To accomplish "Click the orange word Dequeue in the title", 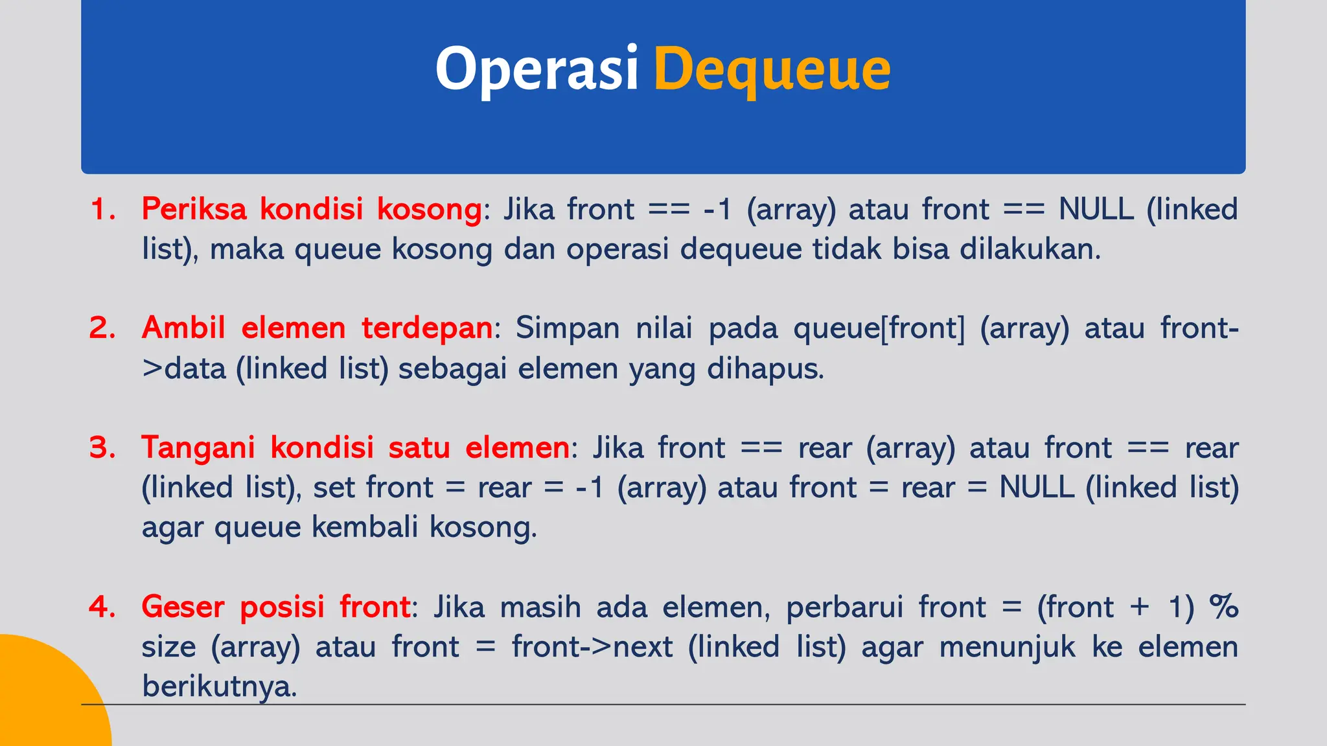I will (772, 70).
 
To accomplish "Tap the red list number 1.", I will (102, 209).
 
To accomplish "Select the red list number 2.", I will (102, 328).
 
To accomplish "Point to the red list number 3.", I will (102, 447).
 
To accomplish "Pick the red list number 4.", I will (102, 607).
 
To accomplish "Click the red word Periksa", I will (194, 209).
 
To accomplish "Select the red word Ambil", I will (183, 328).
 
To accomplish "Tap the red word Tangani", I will (198, 447).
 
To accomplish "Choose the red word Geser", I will (183, 607).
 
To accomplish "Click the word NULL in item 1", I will (1096, 209).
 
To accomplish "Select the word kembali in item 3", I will (365, 527).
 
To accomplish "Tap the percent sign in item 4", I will (1224, 607).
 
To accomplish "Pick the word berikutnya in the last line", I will (219, 686).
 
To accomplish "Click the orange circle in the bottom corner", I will (45, 699).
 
